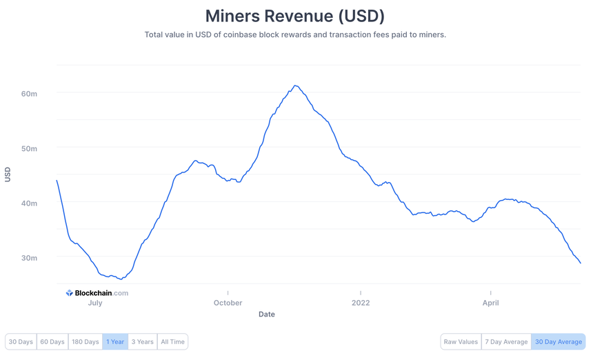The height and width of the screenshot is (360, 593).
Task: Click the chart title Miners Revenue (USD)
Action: (x=295, y=16)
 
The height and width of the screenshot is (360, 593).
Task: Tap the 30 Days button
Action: (x=21, y=341)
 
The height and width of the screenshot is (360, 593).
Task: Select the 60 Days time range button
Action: (x=52, y=341)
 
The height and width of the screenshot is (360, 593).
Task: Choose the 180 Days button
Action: (x=86, y=341)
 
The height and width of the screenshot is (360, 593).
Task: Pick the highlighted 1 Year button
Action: (x=115, y=341)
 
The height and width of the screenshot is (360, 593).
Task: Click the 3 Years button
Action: (x=143, y=341)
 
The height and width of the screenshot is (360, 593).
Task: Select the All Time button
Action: (x=172, y=341)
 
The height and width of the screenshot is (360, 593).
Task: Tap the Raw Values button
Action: (x=461, y=341)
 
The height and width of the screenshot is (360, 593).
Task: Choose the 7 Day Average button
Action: (x=506, y=341)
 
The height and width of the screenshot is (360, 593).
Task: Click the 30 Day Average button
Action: (x=559, y=341)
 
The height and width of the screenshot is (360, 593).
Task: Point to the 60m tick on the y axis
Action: (x=29, y=93)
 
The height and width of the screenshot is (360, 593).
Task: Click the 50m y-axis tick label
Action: (x=29, y=148)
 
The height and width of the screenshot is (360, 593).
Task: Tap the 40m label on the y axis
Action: (x=29, y=203)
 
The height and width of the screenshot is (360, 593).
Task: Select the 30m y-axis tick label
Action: (x=29, y=258)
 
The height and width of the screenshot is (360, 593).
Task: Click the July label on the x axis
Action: (x=95, y=303)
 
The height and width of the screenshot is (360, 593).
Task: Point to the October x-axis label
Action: (x=228, y=303)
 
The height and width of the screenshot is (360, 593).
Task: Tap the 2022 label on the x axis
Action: (x=361, y=303)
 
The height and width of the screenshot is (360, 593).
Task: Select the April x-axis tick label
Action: (x=490, y=303)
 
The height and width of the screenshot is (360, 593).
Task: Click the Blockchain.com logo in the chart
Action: (x=97, y=293)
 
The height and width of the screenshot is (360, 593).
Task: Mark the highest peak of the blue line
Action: (x=295, y=86)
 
